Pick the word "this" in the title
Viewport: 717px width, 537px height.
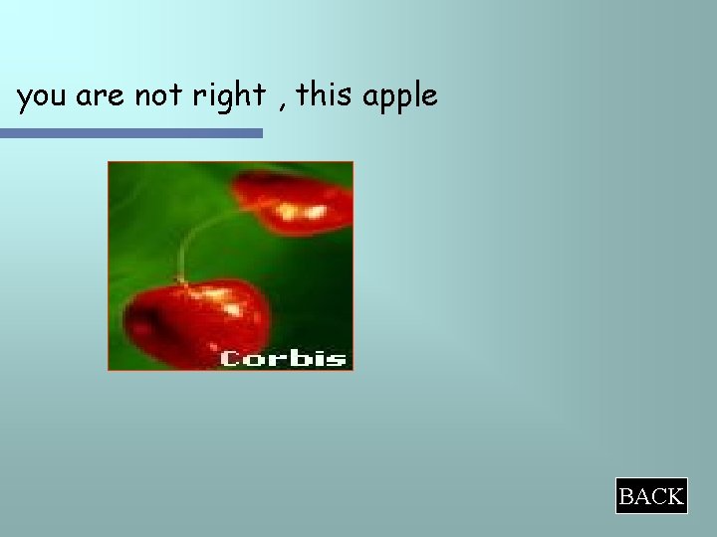pyautogui.click(x=325, y=95)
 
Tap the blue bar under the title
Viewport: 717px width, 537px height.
pyautogui.click(x=130, y=132)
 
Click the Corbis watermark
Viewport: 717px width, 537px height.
pyautogui.click(x=282, y=357)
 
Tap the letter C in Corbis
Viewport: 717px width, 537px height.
pyautogui.click(x=230, y=358)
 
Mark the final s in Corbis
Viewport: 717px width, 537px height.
pyautogui.click(x=338, y=358)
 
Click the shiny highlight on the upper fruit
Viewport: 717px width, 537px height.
pyautogui.click(x=293, y=210)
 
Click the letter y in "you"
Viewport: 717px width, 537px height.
pyautogui.click(x=24, y=98)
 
